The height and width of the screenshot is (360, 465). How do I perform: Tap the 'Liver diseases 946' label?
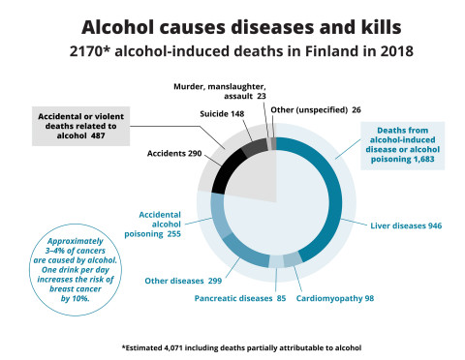[406, 225]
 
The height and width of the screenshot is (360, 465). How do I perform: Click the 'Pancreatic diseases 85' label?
[236, 298]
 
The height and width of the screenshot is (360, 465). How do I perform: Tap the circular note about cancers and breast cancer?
[74, 270]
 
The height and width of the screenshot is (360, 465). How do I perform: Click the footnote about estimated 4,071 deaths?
[232, 345]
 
